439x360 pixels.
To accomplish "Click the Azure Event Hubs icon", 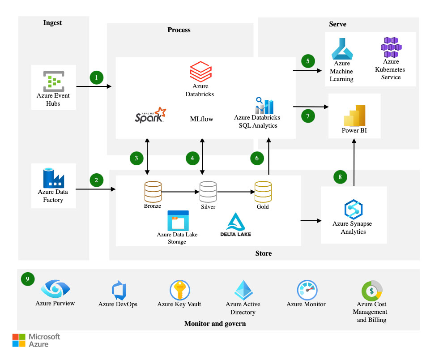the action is pyautogui.click(x=54, y=81).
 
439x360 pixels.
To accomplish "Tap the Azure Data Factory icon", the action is pyautogui.click(x=54, y=178).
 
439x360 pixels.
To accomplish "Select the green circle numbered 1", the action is pyautogui.click(x=97, y=77).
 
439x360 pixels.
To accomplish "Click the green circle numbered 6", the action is pyautogui.click(x=257, y=159).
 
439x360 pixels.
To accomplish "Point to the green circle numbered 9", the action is pyautogui.click(x=28, y=279).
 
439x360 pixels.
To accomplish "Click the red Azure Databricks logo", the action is pyautogui.click(x=201, y=72).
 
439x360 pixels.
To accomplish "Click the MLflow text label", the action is pyautogui.click(x=201, y=119).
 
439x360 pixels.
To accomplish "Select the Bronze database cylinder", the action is pyautogui.click(x=153, y=192).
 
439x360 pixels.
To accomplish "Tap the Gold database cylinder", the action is pyautogui.click(x=263, y=192).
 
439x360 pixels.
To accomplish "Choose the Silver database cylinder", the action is pyautogui.click(x=208, y=192).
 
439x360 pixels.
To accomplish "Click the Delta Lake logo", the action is pyautogui.click(x=236, y=225).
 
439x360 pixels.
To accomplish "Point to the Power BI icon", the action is pyautogui.click(x=354, y=116).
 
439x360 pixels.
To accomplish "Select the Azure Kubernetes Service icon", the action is pyautogui.click(x=391, y=47).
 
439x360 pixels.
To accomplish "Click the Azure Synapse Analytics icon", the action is pyautogui.click(x=354, y=209).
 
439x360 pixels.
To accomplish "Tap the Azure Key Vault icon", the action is pyautogui.click(x=180, y=290).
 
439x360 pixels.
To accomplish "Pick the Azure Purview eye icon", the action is pyautogui.click(x=55, y=288).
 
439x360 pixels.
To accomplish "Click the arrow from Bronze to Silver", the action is pyautogui.click(x=180, y=192).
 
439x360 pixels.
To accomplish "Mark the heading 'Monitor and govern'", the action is pyautogui.click(x=215, y=324).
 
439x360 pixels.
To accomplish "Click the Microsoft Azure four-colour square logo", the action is pyautogui.click(x=19, y=340).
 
